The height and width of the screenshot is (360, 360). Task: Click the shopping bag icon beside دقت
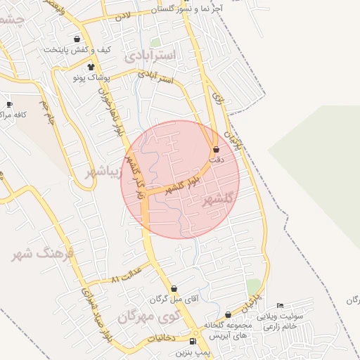pyautogui.click(x=216, y=149)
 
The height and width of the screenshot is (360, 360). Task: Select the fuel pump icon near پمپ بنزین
pyautogui.click(x=194, y=340)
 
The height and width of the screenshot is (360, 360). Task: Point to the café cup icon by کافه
pyautogui.click(x=9, y=104)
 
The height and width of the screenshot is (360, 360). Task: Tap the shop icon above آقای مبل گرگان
pyautogui.click(x=174, y=288)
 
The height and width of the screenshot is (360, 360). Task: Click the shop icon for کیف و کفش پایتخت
pyautogui.click(x=76, y=39)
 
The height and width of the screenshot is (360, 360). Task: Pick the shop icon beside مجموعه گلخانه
pyautogui.click(x=228, y=314)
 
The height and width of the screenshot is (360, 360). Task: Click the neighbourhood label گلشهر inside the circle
pyautogui.click(x=217, y=200)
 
